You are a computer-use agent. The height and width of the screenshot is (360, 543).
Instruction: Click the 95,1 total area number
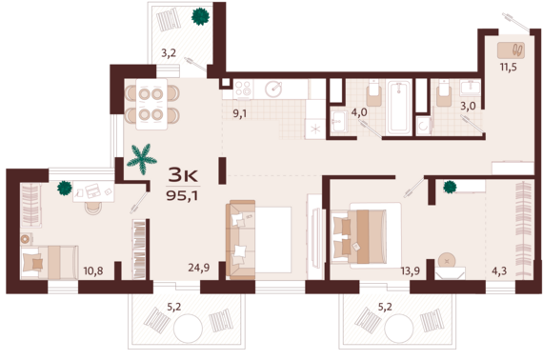[182, 195]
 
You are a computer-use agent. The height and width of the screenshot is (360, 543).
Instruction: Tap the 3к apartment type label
[183, 175]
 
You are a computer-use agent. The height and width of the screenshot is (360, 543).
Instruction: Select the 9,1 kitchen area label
[240, 113]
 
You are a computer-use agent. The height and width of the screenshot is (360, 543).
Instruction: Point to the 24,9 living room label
[199, 268]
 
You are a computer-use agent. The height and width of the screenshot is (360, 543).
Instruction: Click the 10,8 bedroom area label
[93, 270]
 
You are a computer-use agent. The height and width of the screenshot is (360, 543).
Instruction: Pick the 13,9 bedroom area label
[411, 270]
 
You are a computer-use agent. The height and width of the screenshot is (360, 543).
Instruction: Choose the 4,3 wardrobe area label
[499, 270]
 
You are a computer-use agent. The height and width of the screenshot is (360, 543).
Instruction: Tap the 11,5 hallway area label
[509, 67]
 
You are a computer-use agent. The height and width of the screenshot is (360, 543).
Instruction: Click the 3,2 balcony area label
[169, 53]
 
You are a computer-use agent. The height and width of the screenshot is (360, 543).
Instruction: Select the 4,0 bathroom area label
[359, 112]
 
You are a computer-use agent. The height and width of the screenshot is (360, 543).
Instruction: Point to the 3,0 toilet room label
[468, 106]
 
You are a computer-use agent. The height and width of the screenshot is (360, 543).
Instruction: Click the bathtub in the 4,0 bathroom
[399, 107]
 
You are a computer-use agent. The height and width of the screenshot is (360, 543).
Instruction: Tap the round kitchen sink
[273, 89]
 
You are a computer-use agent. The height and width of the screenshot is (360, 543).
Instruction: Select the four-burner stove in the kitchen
[243, 89]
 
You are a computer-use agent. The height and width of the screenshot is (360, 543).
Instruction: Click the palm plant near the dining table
[142, 159]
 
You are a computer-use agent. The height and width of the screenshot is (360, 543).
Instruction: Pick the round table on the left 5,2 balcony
[188, 329]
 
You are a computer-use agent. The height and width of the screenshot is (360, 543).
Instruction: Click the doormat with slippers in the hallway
[512, 50]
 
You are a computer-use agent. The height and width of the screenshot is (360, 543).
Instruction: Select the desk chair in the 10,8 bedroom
[93, 208]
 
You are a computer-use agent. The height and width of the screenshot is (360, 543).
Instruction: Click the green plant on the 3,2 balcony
[200, 16]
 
